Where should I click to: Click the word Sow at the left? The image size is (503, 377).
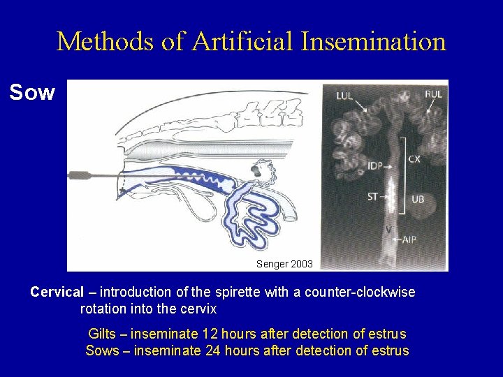point(32,92)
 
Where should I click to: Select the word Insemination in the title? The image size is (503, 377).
point(374,41)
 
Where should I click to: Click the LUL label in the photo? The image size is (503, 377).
point(344,95)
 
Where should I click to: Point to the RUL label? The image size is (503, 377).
point(432,95)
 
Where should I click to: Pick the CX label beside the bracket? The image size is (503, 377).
point(414,159)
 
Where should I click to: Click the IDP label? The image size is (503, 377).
point(375,166)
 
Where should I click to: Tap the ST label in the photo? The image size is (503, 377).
point(372,197)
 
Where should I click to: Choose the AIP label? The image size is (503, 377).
point(409,239)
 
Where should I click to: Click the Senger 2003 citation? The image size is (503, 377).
point(285,264)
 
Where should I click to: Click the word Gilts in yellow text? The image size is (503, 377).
point(103,334)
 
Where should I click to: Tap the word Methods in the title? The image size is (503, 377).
point(105,41)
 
